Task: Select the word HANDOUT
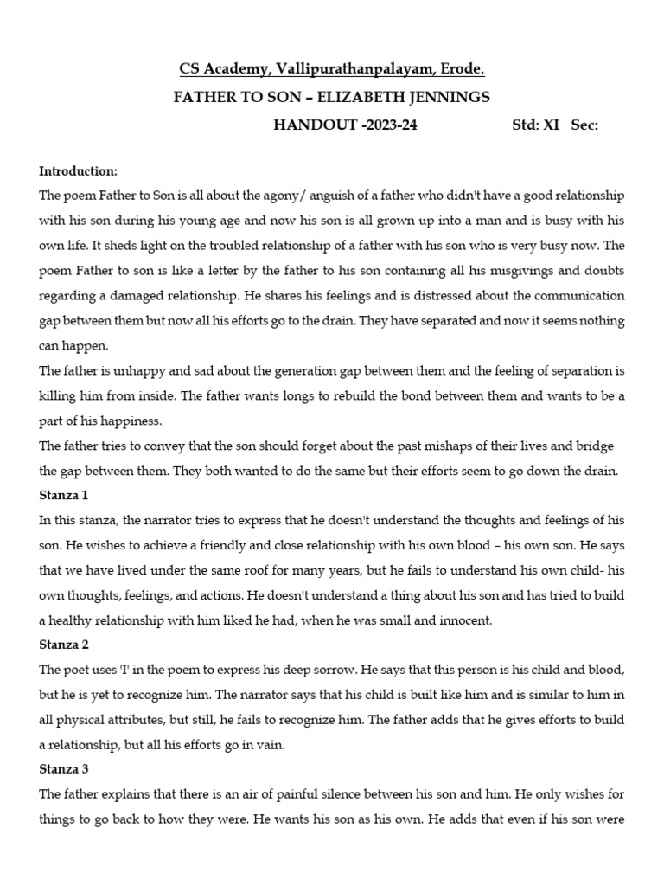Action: [312, 125]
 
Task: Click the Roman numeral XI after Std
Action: [551, 125]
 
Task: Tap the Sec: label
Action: [584, 125]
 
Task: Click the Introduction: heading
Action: [79, 170]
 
